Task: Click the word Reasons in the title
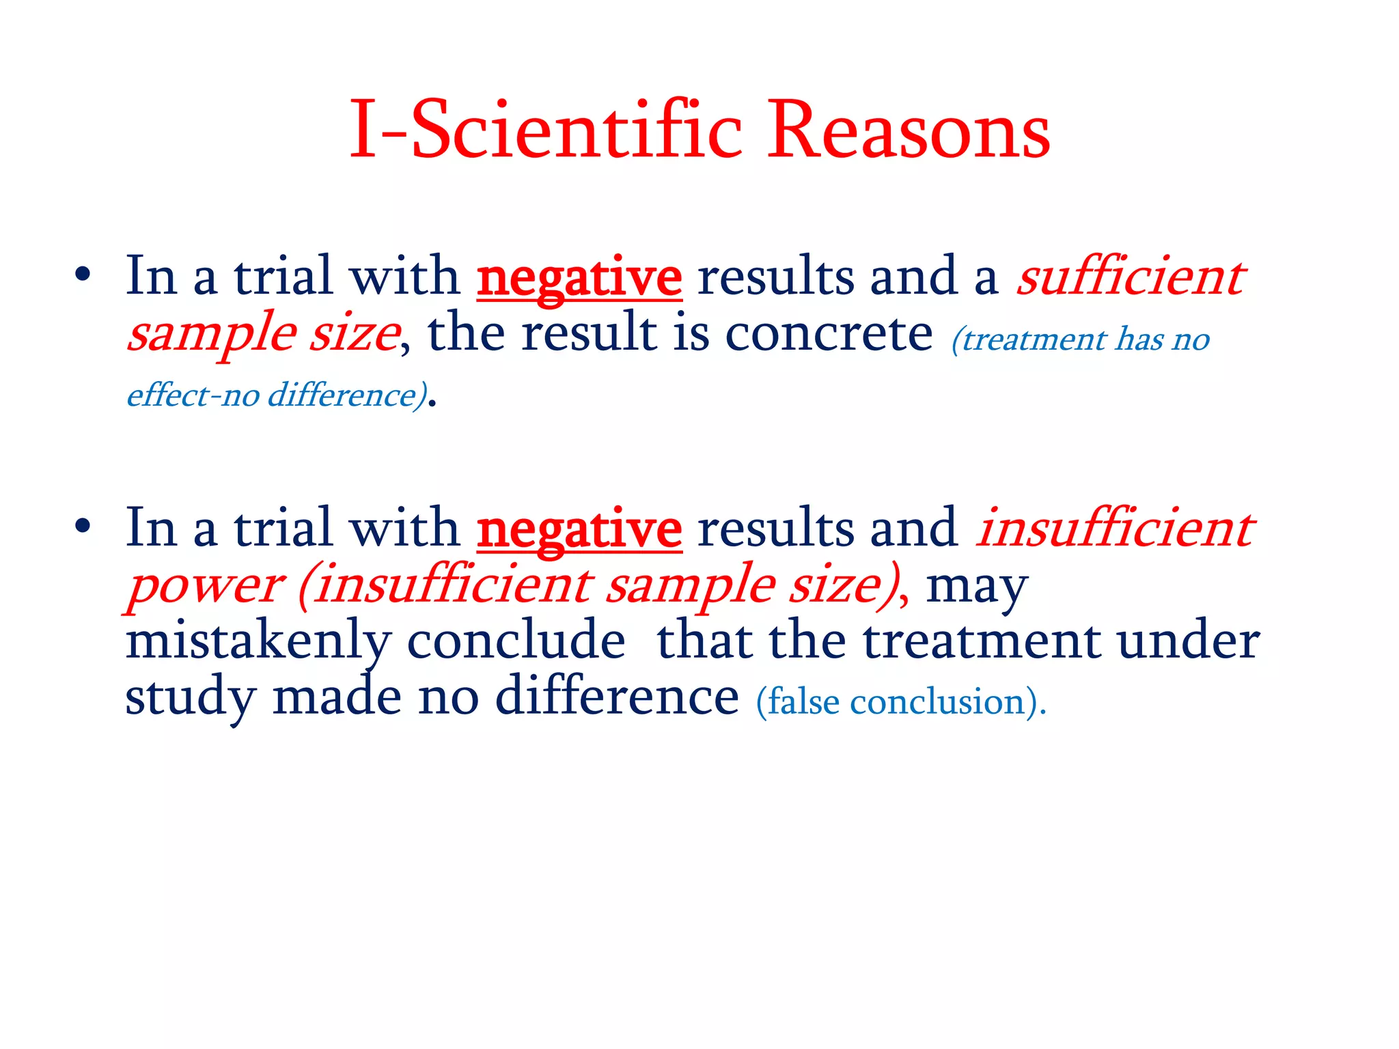[909, 130]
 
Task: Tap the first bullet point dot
[83, 275]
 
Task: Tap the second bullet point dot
[83, 527]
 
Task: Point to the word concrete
[829, 334]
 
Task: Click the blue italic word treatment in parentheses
[1033, 339]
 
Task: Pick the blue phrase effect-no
[193, 395]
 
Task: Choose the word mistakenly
[258, 642]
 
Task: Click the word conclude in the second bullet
[516, 642]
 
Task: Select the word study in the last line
[191, 698]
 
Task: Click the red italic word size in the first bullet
[355, 334]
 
